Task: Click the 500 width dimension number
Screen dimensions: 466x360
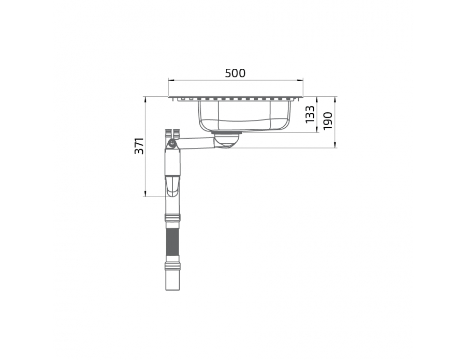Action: pyautogui.click(x=235, y=73)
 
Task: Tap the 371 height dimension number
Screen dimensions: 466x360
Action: pyautogui.click(x=139, y=146)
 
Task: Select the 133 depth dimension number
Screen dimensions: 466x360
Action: pyautogui.click(x=310, y=114)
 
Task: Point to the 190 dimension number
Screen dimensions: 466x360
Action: pyautogui.click(x=327, y=121)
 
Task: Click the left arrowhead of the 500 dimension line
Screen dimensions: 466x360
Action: pyautogui.click(x=170, y=80)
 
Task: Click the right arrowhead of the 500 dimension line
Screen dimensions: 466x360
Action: pyautogui.click(x=300, y=80)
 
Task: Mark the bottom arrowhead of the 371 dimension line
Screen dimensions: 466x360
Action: pyautogui.click(x=145, y=194)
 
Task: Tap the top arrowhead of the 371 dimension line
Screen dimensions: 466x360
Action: pyautogui.click(x=145, y=99)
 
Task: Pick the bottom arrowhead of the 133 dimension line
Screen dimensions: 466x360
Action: pyautogui.click(x=317, y=130)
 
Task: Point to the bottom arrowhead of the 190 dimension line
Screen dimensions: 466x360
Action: pyautogui.click(x=335, y=145)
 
